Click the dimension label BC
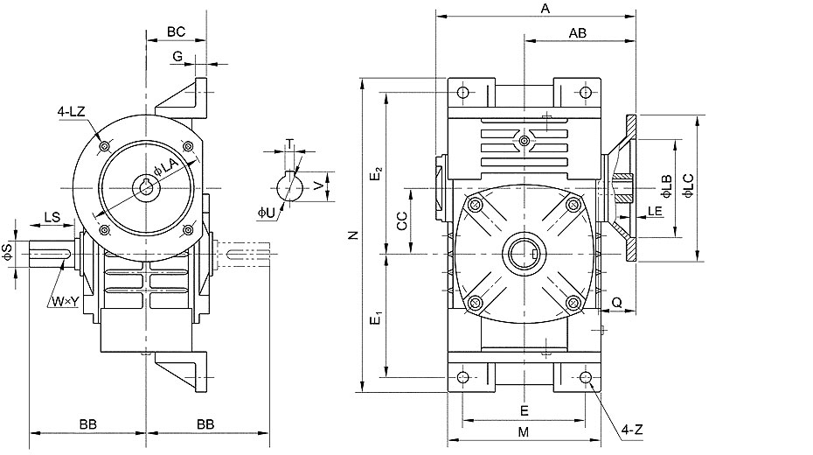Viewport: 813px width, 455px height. [x=176, y=31]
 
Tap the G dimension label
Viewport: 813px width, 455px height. [x=177, y=56]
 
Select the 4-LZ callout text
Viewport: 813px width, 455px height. [x=71, y=111]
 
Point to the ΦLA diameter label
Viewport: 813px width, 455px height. [x=166, y=166]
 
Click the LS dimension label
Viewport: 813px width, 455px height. [x=52, y=217]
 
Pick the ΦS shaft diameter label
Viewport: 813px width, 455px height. [x=7, y=252]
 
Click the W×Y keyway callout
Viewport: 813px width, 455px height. [x=65, y=301]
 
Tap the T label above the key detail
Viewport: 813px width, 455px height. [x=290, y=143]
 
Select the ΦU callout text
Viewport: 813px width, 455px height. [x=267, y=213]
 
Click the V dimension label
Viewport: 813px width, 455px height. [x=319, y=185]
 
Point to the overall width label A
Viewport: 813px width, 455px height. [x=545, y=8]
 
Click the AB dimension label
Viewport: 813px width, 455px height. [x=578, y=33]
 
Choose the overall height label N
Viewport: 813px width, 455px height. [x=354, y=235]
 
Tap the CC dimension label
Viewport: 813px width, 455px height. [x=402, y=220]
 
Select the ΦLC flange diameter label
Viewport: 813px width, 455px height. [x=688, y=185]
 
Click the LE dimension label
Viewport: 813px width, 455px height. [x=656, y=211]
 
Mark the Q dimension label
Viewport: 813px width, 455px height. [x=617, y=303]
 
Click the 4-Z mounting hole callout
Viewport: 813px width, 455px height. [x=632, y=430]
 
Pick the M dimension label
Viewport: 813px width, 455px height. [x=524, y=431]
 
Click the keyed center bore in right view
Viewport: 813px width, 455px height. [x=525, y=254]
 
